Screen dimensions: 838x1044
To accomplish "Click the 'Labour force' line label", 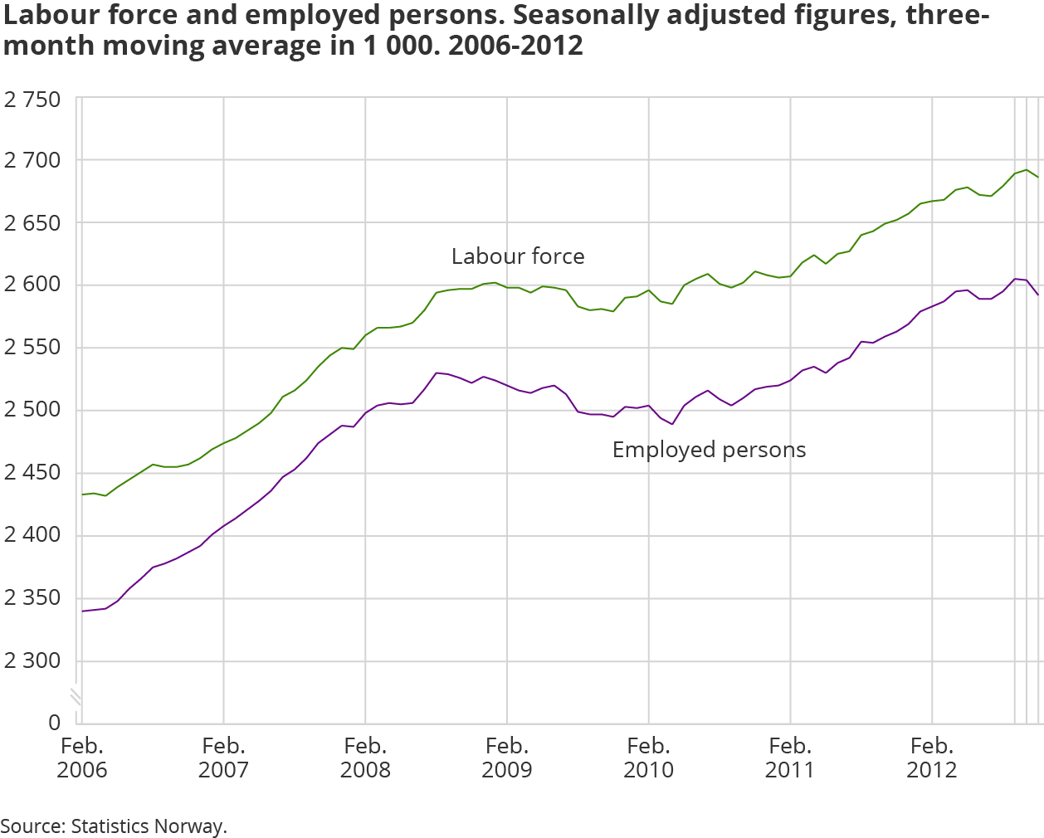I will (518, 256).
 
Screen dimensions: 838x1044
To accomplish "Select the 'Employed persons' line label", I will (709, 450).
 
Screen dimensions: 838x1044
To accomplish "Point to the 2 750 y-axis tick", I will (32, 100).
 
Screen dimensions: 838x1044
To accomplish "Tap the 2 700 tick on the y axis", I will (32, 160).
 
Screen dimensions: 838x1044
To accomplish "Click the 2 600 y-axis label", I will (32, 285).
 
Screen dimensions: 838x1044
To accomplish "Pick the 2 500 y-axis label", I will (32, 410).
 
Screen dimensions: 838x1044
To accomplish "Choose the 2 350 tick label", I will (32, 597).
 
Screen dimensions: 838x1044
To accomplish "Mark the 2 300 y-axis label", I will (32, 660).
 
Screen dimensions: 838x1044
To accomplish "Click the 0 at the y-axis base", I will (54, 723).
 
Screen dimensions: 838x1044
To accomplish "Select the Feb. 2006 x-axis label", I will (81, 758).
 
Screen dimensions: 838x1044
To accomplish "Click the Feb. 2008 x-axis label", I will (365, 758).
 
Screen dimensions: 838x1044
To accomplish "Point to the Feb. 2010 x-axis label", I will (648, 758).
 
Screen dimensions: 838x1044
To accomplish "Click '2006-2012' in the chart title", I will (515, 46).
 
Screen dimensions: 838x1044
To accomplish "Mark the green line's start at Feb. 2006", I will (82, 495).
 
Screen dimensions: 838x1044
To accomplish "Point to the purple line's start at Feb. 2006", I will (82, 611).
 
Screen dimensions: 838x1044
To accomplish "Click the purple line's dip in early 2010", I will (672, 424).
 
